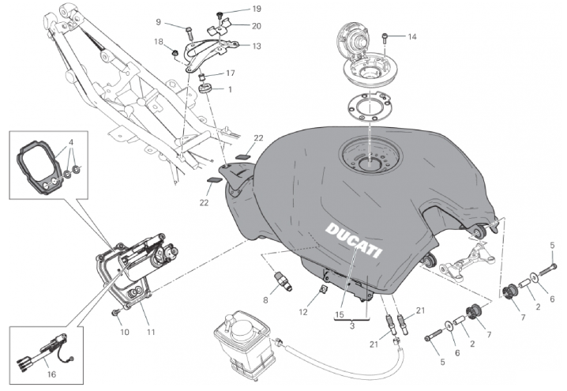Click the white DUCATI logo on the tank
coord(354,240)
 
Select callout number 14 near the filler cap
coord(412,36)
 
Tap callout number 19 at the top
coord(257,9)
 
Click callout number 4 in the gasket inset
coord(71,142)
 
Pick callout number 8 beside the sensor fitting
coord(266,300)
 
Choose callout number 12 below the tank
coord(303,312)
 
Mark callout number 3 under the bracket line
coord(352,326)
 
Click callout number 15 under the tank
coord(340,314)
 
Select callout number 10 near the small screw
coord(125,332)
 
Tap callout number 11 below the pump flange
coord(151,332)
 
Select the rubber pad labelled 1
coord(206,88)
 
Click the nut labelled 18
coord(175,54)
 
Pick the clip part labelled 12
coord(323,288)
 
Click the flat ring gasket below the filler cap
coord(369,107)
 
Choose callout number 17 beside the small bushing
coord(231,73)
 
